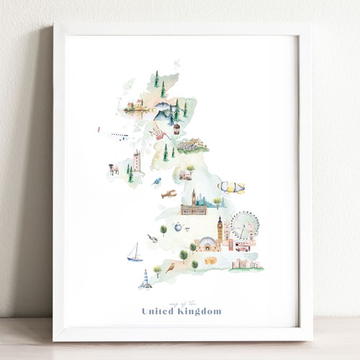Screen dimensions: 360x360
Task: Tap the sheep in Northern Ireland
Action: (113, 168)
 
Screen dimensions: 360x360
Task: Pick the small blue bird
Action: (156, 181)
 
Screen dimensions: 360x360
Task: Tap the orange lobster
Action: (168, 194)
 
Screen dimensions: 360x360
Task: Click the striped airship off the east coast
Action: (231, 187)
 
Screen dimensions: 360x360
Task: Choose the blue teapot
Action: (176, 228)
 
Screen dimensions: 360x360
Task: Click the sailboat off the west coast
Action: (135, 252)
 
